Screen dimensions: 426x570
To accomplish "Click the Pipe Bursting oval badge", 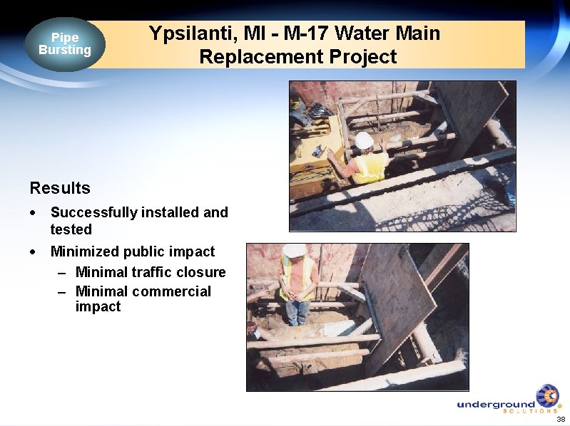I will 65,44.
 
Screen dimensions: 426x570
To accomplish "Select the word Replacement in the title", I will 253,57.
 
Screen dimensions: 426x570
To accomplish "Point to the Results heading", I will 60,188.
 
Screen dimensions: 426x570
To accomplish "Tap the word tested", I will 71,229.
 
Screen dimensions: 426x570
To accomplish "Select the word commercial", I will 175,291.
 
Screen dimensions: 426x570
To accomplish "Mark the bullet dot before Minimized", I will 33,252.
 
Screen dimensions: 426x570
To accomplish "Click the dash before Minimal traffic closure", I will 63,273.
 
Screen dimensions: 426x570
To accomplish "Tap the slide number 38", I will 561,419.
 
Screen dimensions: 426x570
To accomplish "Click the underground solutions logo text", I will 496,405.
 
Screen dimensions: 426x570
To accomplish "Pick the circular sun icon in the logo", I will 548,395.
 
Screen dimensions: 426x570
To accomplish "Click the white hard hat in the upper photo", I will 364,140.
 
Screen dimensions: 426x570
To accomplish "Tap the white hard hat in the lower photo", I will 293,250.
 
